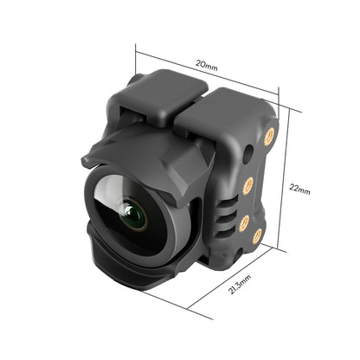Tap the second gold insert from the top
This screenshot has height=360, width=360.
(247, 183)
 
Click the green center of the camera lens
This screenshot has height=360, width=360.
(133, 212)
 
